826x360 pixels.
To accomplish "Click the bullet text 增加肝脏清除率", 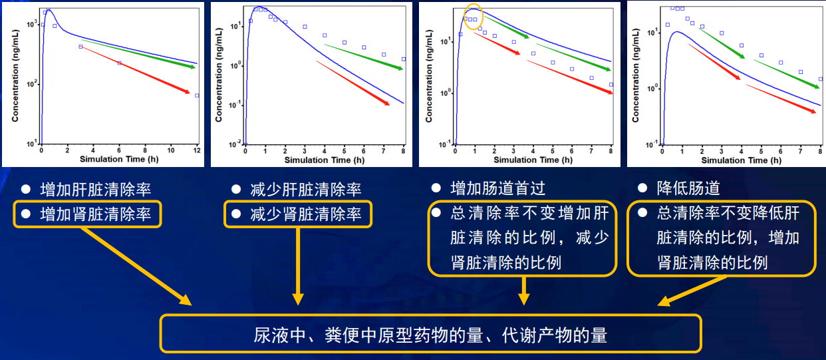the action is click(x=96, y=190).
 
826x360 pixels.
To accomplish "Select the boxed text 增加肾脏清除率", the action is click(x=96, y=214).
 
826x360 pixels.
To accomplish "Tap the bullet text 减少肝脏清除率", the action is click(x=306, y=190).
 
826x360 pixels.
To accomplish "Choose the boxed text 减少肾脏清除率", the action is click(x=306, y=214).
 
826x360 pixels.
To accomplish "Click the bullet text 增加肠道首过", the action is click(x=498, y=188).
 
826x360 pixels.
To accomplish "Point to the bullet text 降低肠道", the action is click(x=688, y=188).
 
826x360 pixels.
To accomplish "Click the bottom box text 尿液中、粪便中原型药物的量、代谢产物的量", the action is click(x=430, y=335).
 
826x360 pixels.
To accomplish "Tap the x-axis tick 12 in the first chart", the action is click(x=198, y=150).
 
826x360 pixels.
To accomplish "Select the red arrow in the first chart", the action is click(x=135, y=70).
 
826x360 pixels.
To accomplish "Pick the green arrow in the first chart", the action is click(x=138, y=53).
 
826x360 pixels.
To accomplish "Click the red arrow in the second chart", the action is click(x=353, y=83).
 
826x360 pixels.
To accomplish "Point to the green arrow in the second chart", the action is click(x=364, y=57).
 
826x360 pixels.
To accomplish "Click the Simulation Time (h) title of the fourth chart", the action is click(x=741, y=160).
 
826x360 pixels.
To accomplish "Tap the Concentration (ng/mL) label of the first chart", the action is click(x=15, y=76).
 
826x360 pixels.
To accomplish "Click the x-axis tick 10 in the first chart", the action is click(x=171, y=150).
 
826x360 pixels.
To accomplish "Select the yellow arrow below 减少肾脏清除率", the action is click(x=298, y=266).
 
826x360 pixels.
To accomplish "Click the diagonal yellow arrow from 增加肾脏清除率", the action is click(x=136, y=266).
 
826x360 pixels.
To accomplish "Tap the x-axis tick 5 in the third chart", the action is click(x=553, y=151).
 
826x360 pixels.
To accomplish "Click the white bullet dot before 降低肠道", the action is click(x=642, y=188).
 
